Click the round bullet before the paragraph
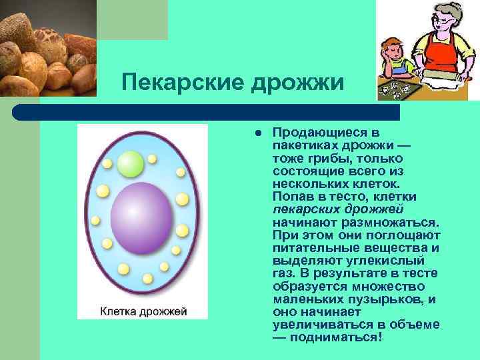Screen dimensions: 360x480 click(x=255, y=133)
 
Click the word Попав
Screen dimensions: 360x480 click(x=291, y=197)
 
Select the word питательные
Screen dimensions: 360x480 click(x=315, y=247)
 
